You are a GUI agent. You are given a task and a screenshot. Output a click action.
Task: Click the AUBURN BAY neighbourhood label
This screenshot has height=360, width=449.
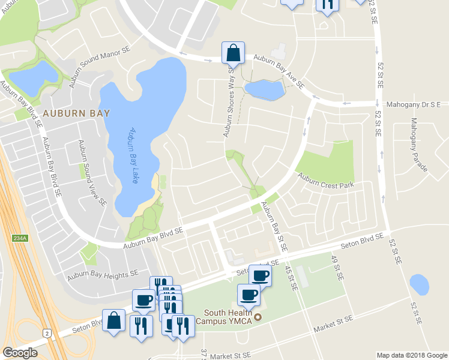tap(67, 113)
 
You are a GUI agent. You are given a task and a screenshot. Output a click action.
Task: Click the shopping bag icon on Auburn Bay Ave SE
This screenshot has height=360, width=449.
tap(233, 53)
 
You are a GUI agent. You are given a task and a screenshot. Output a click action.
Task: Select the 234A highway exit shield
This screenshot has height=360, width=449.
tap(20, 238)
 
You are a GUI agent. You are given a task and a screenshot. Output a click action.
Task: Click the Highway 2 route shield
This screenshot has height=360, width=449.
tap(46, 332)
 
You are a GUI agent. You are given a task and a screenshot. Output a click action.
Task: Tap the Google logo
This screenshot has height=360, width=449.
tap(20, 353)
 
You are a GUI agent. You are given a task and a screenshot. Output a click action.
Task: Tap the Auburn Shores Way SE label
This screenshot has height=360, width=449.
tap(229, 102)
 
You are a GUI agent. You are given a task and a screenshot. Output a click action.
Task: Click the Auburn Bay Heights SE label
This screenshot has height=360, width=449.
tap(103, 275)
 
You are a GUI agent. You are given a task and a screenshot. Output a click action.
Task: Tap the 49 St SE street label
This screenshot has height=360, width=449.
tap(337, 268)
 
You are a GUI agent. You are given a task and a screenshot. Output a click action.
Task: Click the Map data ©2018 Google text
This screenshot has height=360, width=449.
tap(411, 355)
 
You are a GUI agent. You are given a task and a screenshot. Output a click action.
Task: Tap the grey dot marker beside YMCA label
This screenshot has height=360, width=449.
tap(259, 317)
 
